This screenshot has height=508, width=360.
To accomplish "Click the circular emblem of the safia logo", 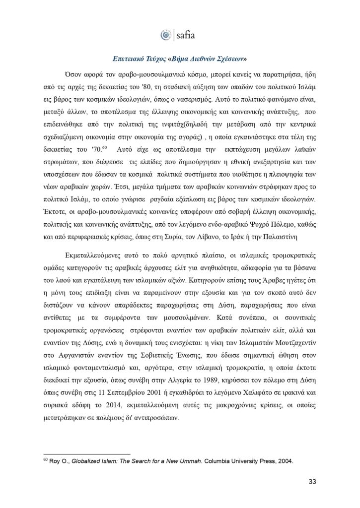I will [x=165, y=35].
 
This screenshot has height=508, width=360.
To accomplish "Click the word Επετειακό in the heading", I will [x=128, y=59].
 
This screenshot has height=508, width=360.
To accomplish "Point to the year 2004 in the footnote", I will [x=284, y=460].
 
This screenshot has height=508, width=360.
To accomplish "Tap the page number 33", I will [x=312, y=481].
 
